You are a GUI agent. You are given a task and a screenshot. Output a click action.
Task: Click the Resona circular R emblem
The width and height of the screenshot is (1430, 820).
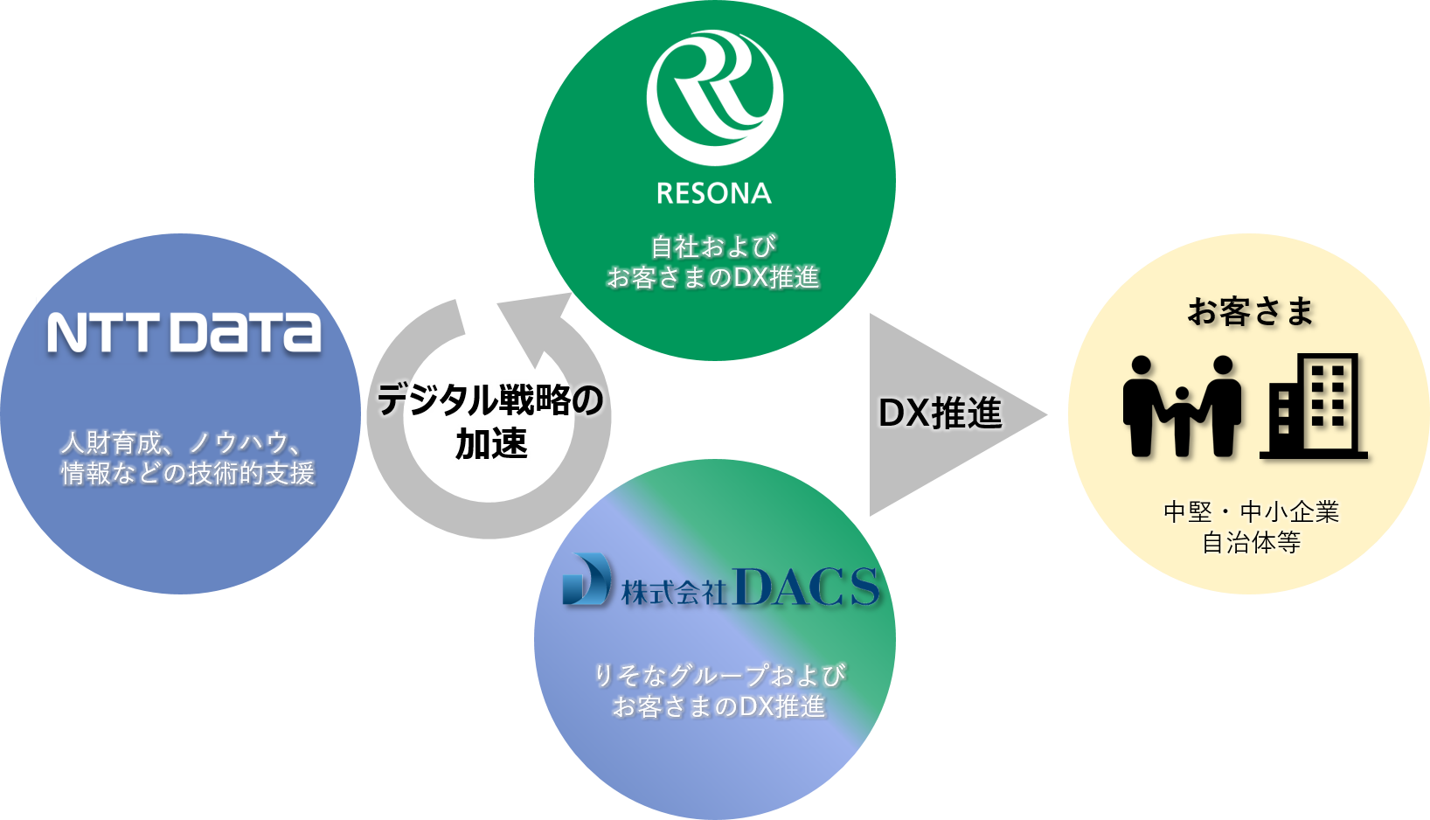(x=714, y=98)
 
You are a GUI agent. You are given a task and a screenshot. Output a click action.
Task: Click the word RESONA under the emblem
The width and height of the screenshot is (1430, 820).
(x=714, y=193)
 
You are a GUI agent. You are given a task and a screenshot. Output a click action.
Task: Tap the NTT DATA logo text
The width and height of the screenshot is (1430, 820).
(x=184, y=333)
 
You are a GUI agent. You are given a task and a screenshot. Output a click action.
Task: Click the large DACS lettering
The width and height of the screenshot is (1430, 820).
(x=806, y=587)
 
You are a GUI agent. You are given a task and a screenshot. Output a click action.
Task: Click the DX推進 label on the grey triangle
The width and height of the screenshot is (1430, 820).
(x=940, y=413)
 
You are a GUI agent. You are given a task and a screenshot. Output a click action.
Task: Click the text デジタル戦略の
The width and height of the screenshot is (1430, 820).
(x=490, y=401)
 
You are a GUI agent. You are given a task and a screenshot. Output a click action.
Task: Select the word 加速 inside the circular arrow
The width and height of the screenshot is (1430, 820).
(x=491, y=444)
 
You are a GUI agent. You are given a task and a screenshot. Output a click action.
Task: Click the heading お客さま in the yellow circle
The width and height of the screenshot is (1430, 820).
(x=1251, y=311)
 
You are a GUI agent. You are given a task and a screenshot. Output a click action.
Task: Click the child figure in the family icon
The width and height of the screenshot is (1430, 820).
(x=1182, y=420)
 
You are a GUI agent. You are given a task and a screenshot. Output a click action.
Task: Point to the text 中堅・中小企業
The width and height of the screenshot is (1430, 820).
(x=1251, y=511)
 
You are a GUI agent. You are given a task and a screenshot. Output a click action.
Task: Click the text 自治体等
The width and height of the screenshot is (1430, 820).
(x=1251, y=543)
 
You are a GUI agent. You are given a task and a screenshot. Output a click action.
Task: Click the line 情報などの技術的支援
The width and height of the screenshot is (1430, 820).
(x=187, y=474)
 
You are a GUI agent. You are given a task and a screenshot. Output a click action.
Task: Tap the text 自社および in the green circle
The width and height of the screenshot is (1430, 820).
(x=713, y=247)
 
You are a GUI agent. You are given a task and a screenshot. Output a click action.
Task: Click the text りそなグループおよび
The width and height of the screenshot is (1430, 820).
(x=718, y=675)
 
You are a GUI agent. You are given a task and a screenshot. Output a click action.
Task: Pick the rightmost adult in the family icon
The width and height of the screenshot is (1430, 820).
(x=1222, y=404)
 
